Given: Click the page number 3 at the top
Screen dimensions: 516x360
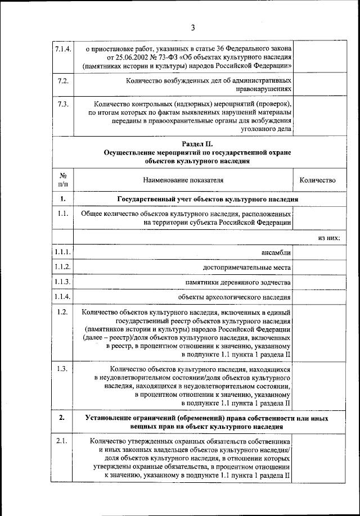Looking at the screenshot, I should tap(192, 28).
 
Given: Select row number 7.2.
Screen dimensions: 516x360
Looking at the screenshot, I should tap(62, 81).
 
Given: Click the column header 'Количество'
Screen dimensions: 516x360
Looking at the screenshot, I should tap(318, 180).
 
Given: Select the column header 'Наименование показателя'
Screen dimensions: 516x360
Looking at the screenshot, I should tap(183, 180).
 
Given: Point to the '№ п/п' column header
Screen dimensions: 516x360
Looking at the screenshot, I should tap(62, 180).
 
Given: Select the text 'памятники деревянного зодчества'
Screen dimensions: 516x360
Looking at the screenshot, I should tap(238, 282).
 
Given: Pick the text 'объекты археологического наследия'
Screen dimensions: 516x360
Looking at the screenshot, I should tap(235, 297).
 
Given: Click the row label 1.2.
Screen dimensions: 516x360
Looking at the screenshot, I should tap(62, 312).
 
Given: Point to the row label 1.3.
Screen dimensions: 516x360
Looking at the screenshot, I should tap(62, 369).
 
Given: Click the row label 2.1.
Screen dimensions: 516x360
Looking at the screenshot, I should tap(62, 442).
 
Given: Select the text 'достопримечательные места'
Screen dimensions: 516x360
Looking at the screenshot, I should tap(247, 267).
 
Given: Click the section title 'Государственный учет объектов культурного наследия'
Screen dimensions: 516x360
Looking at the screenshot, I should tap(207, 200).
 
